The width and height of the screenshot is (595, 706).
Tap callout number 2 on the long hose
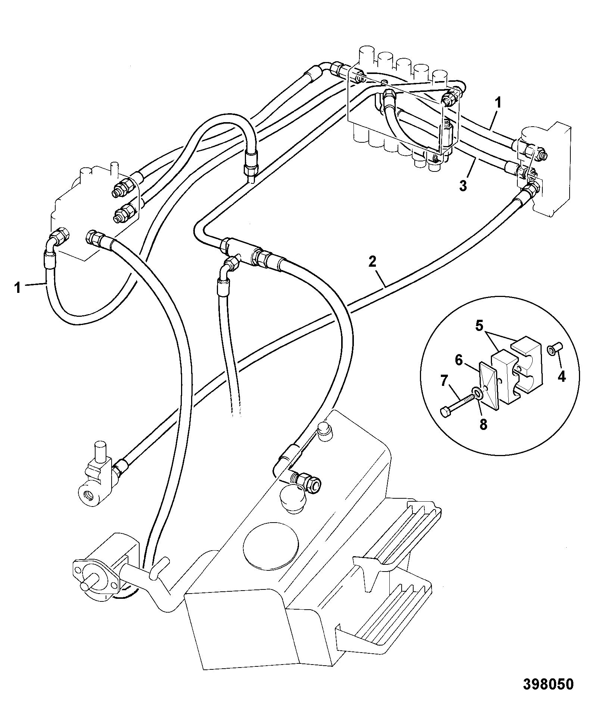[372, 261]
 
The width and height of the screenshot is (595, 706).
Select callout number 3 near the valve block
[463, 186]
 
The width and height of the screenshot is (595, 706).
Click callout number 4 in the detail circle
[561, 377]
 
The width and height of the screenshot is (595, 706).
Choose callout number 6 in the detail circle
[459, 360]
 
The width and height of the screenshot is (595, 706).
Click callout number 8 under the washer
[483, 425]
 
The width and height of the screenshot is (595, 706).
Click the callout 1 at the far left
[18, 288]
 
